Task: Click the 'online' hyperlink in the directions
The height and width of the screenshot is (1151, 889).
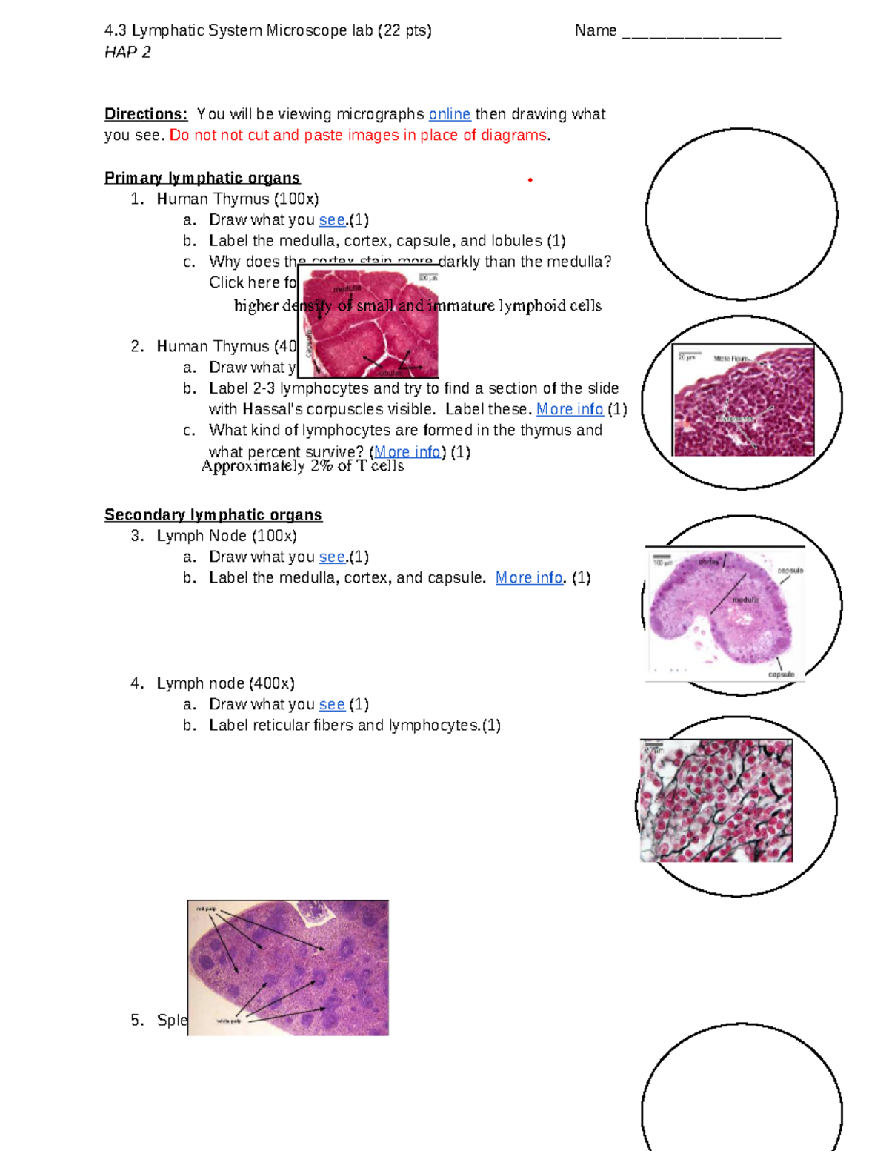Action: pos(449,114)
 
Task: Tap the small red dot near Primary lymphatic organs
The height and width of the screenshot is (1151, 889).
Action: pos(530,180)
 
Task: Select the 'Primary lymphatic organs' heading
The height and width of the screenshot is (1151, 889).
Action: pos(202,178)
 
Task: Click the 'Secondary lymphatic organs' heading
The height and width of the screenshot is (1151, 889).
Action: pos(213,515)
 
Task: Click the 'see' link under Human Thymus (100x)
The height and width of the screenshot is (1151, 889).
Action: pos(332,220)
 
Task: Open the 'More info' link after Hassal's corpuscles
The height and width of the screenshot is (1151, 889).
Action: pos(569,409)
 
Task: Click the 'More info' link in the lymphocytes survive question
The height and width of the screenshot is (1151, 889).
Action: pos(407,451)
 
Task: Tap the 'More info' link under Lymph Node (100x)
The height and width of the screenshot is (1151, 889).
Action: pos(528,577)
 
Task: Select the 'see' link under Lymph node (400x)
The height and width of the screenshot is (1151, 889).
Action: pos(332,704)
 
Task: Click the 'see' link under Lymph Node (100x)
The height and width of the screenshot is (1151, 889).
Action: pos(332,557)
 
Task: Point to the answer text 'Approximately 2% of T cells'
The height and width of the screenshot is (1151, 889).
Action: pos(302,466)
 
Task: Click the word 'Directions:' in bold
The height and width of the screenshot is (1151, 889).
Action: pos(146,114)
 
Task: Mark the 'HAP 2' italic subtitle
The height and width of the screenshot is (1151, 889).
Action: pos(127,52)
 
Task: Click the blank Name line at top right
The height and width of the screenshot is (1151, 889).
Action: pos(701,33)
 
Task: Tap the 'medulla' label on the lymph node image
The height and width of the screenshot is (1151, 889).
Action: pos(745,599)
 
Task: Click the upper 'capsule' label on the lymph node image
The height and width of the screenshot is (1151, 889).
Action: pos(790,571)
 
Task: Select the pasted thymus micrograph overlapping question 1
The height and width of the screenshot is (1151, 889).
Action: pos(368,321)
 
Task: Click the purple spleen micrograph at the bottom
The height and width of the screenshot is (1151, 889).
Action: pos(287,967)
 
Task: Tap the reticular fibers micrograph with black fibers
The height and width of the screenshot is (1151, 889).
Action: pos(716,800)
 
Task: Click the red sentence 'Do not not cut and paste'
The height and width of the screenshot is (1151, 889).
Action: pos(359,135)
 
